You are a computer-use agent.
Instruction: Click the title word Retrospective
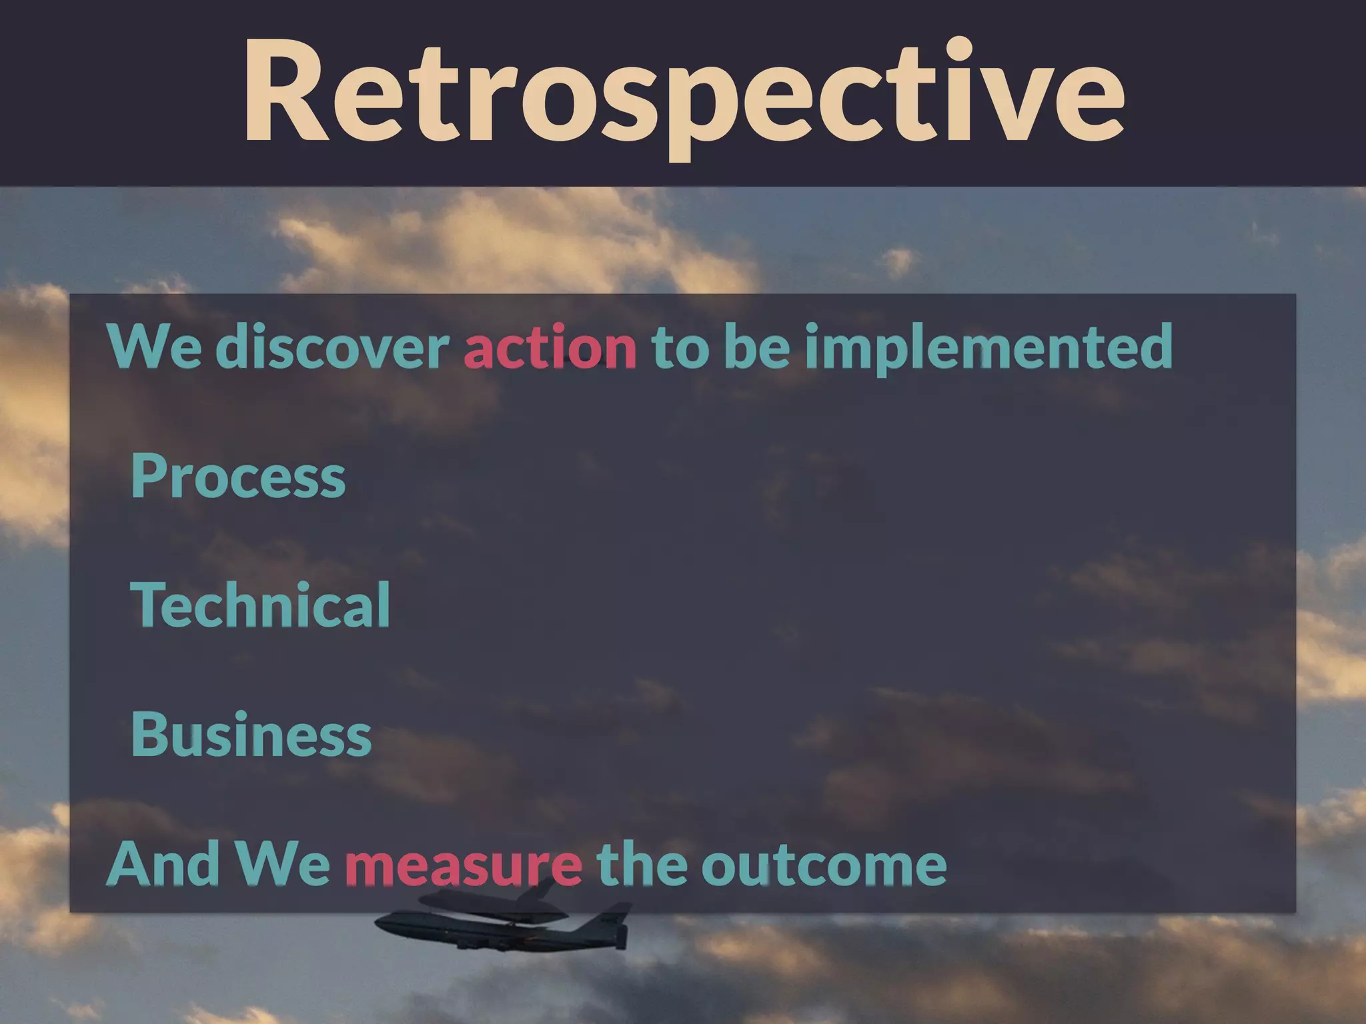[x=683, y=93]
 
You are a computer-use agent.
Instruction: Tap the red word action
[x=550, y=347]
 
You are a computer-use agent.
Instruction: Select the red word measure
[x=463, y=865]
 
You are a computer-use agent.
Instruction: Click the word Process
[x=238, y=476]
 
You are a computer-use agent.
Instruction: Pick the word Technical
[x=260, y=605]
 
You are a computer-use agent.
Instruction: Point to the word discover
[x=332, y=347]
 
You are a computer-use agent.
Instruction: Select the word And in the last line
[x=163, y=863]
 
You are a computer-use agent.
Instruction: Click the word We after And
[x=283, y=865]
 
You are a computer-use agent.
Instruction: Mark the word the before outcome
[x=642, y=863]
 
